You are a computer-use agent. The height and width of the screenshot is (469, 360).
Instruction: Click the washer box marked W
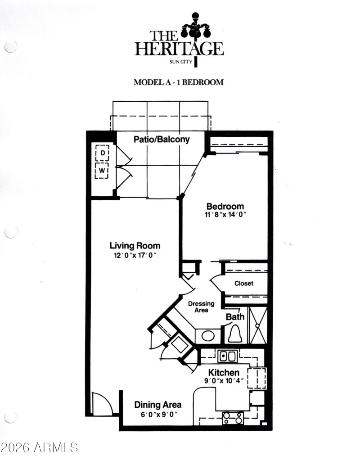coord(103,171)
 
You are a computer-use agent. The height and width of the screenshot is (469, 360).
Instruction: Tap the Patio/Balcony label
coord(162,140)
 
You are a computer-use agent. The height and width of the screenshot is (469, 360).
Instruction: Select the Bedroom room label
coord(225,206)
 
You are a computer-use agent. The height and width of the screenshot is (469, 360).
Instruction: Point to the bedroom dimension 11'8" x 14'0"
coord(225,215)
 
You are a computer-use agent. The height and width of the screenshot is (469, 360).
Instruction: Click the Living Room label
coord(135,246)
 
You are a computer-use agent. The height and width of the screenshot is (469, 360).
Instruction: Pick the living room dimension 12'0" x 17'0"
coord(135,255)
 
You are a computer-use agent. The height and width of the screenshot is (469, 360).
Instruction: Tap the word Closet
coord(243,284)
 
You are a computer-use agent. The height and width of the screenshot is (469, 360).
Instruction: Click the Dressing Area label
coord(201,307)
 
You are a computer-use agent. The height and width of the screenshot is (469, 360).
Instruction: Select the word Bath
coord(235,316)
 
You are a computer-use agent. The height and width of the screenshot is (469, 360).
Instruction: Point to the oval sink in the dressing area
coord(207,336)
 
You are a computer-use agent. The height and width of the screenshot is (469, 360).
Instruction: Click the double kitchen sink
coord(227,356)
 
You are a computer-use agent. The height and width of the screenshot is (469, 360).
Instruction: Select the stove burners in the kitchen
coord(233,418)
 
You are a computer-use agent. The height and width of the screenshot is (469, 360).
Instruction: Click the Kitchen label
coord(223,373)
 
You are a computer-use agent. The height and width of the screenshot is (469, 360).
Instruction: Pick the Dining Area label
coord(157,405)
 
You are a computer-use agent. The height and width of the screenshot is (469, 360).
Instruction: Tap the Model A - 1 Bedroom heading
coord(179,82)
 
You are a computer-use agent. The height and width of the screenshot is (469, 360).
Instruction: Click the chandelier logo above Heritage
coord(196,30)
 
